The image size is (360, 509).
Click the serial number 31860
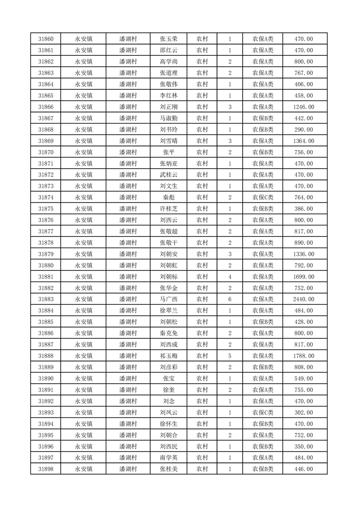click(46, 39)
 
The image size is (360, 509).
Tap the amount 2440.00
click(304, 299)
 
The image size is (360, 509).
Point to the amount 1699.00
click(304, 277)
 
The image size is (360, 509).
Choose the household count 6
click(230, 299)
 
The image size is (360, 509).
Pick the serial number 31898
click(46, 469)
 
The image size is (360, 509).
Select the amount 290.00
click(304, 130)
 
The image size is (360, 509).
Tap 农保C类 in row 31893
click(263, 412)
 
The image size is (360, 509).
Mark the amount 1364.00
click(304, 141)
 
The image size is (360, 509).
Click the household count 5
click(230, 356)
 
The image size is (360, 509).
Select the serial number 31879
click(46, 254)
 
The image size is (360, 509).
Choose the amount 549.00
click(304, 378)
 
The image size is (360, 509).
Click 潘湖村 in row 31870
click(128, 152)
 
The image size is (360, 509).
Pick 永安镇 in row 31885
click(84, 322)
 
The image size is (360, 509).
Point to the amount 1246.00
click(304, 107)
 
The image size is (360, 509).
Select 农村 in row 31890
click(202, 378)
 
